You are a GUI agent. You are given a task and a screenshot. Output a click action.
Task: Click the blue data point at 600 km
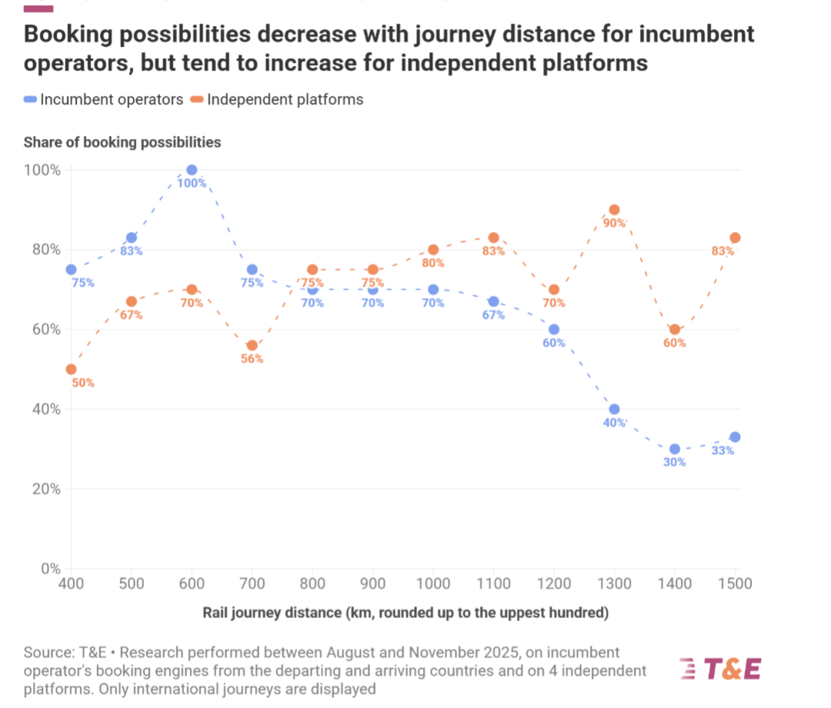coord(192,170)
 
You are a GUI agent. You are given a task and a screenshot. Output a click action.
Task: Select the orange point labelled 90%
coord(614,210)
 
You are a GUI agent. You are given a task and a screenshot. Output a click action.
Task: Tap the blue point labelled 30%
coord(675,449)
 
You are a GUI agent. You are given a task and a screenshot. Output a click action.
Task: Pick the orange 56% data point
coord(252,345)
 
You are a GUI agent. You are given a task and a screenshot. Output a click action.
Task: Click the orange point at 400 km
coord(71,369)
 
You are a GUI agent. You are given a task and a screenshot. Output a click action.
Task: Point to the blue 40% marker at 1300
coord(614,409)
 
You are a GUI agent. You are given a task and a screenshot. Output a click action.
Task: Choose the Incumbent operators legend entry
coord(104,100)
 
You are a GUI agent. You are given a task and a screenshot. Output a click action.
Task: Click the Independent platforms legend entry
coord(277,100)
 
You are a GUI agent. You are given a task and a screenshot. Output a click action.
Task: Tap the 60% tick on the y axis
coord(46,329)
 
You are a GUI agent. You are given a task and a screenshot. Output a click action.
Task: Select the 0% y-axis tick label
coord(51,569)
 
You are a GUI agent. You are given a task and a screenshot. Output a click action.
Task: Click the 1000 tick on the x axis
coord(433,583)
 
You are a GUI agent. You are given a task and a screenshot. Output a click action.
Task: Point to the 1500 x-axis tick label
coord(735,583)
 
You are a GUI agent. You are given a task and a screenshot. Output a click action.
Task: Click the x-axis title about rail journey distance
coord(405,613)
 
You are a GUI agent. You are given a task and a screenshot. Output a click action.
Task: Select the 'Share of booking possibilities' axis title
coord(122,142)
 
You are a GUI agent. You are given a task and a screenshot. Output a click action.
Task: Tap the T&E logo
coord(721,669)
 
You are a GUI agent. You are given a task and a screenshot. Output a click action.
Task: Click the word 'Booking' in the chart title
coord(68,35)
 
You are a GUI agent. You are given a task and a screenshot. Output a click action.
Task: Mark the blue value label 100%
coord(192,183)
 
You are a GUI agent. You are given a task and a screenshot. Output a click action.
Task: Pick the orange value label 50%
coord(83,383)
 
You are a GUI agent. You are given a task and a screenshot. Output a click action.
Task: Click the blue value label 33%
coord(723,450)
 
